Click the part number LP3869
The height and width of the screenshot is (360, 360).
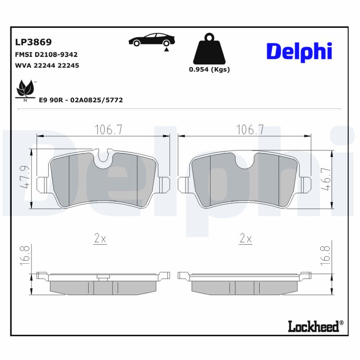tap(33, 42)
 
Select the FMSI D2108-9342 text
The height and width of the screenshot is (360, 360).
tap(46, 54)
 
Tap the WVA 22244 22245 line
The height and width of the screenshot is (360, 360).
tap(47, 65)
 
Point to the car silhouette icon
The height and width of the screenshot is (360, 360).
tap(151, 40)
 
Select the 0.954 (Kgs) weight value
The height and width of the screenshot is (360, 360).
tap(209, 70)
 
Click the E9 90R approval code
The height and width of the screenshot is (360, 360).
tap(81, 100)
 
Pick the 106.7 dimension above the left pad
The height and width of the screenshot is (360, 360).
tap(108, 130)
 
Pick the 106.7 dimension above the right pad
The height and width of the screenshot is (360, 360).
tap(250, 130)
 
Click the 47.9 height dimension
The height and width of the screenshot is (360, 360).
tap(27, 177)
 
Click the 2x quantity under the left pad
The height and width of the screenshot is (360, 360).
tap(100, 239)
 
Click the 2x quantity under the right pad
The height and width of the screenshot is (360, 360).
tap(245, 239)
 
